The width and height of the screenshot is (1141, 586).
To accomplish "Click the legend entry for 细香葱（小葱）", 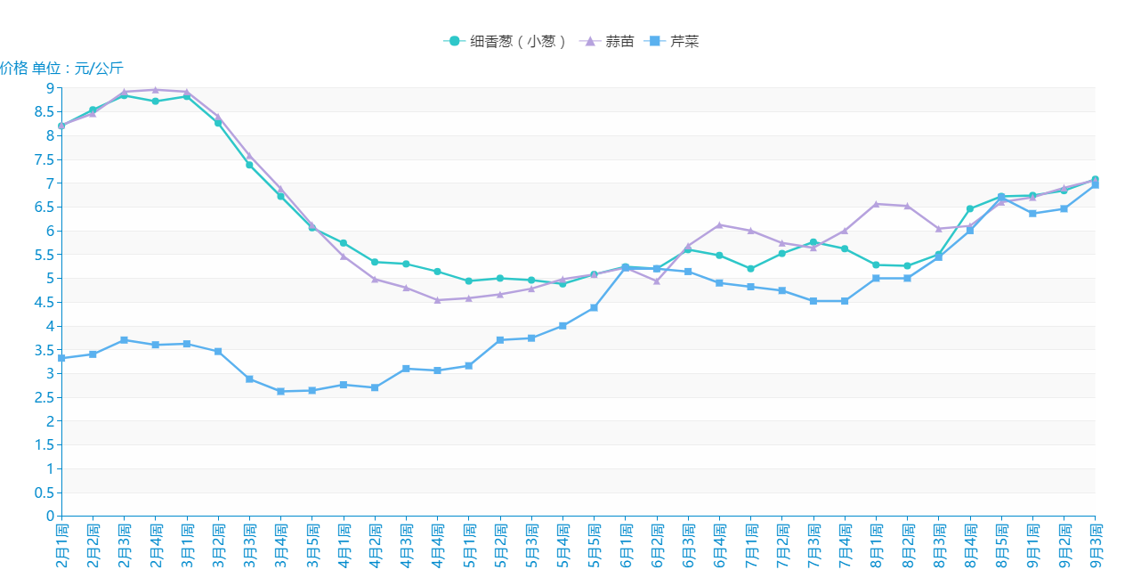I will (505, 41).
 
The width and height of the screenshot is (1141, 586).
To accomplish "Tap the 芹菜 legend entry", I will (676, 41).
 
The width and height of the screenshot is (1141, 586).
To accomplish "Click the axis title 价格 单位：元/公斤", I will (61, 69).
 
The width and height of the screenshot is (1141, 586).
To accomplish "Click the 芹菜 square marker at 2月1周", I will (61, 358).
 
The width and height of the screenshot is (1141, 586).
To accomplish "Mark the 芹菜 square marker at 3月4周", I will (280, 391).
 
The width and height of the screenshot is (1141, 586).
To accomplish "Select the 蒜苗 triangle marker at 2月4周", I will (155, 90).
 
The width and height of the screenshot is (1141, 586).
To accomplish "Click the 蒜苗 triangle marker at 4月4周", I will (437, 300).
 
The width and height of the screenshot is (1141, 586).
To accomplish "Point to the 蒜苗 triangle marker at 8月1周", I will (876, 204).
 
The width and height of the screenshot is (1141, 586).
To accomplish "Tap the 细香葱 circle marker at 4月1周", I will (343, 242).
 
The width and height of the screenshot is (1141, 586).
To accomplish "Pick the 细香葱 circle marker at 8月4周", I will (970, 208).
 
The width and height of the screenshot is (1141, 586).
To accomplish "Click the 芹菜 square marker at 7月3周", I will (813, 301).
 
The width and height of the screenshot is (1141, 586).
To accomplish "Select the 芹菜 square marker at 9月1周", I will (1032, 214).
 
